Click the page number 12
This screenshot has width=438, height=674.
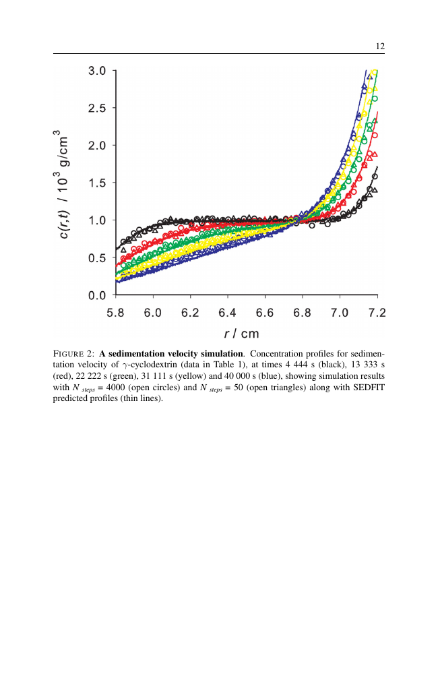tap(380, 47)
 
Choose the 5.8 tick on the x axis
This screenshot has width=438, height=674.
tap(117, 312)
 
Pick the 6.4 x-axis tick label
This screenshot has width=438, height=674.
tap(228, 312)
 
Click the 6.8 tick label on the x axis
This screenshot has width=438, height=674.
tap(303, 312)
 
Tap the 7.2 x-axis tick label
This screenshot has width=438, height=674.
tap(377, 312)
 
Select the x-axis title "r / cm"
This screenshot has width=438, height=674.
tap(241, 334)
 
